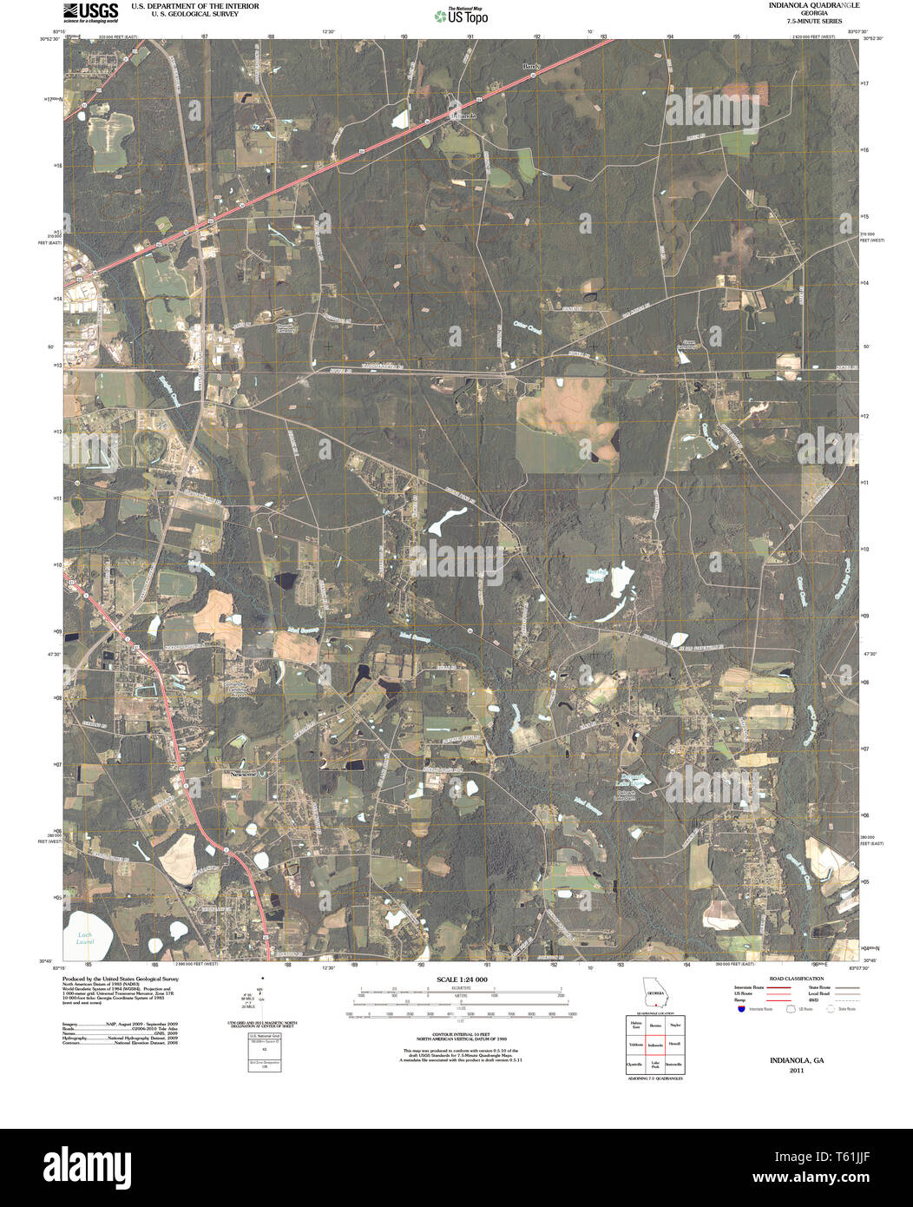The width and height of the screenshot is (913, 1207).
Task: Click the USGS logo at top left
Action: click(90, 11)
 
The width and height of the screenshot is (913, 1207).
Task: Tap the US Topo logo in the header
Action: click(461, 15)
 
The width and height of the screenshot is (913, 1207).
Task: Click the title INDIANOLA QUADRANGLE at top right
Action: click(789, 5)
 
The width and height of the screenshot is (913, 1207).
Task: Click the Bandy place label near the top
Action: click(531, 66)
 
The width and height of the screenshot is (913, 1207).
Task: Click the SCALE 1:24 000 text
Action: click(463, 979)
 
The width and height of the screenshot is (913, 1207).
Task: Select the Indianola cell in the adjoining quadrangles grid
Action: click(655, 1045)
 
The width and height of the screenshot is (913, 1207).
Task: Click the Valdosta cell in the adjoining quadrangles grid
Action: click(636, 1045)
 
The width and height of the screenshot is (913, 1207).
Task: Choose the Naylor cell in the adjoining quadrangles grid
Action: click(675, 1026)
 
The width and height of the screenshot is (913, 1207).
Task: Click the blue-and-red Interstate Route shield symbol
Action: click(740, 1008)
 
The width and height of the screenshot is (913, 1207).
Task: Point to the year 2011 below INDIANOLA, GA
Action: click(797, 1071)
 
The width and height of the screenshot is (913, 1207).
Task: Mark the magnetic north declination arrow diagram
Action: click(261, 994)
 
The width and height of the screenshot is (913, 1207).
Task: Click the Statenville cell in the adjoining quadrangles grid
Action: click(675, 1064)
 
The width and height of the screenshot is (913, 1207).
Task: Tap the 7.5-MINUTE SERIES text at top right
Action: click(789, 20)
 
